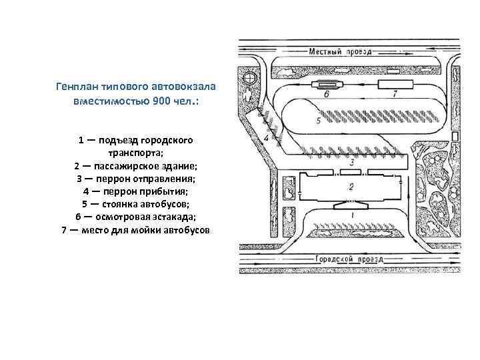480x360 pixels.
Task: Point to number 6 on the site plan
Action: click(x=327, y=95)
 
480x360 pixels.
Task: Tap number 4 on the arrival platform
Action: click(x=267, y=137)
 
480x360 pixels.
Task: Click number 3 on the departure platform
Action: click(x=351, y=162)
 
